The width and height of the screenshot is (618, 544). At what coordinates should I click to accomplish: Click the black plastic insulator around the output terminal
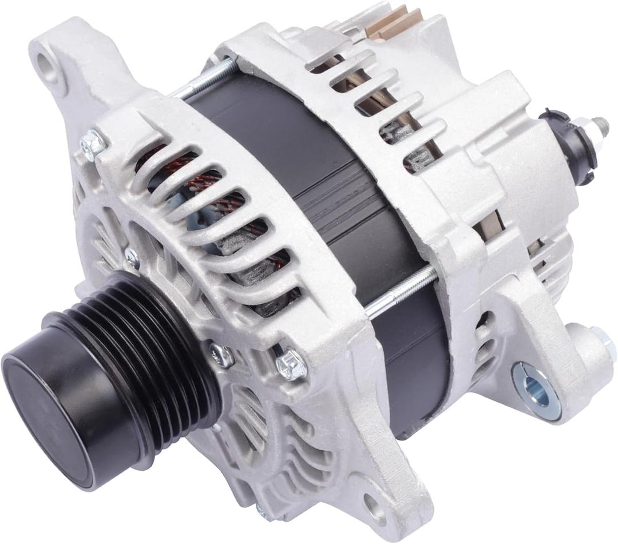point(566,143)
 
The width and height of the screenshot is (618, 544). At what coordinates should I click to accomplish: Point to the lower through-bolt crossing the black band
point(401,292)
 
